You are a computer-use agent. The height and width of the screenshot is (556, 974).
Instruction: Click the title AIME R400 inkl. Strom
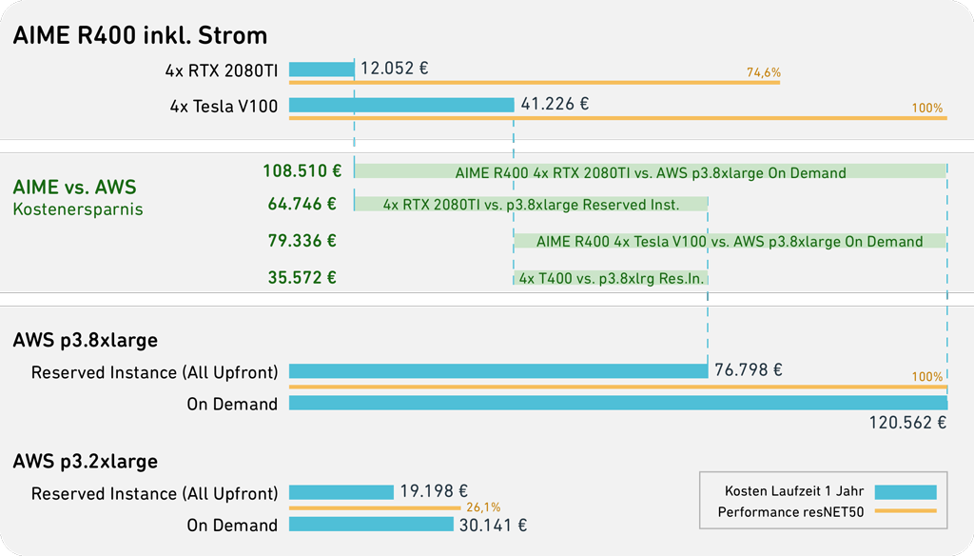coord(140,35)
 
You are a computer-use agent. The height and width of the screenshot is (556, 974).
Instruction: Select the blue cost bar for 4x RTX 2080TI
coord(321,69)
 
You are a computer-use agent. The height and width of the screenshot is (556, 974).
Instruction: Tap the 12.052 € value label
coord(395,68)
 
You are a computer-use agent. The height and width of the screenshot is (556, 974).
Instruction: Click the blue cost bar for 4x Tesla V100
coord(401,105)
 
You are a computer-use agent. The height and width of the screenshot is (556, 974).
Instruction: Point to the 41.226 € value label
coord(555,103)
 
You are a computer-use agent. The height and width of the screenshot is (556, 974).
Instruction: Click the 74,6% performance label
coord(764,72)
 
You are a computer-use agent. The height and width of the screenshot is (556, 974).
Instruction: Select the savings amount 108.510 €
coord(302,170)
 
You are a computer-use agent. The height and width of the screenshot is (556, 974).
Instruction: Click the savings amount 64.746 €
coord(302,204)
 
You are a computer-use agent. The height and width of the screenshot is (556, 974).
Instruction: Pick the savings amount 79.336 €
coord(302,241)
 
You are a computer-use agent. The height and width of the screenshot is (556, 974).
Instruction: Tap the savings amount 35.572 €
coord(302,277)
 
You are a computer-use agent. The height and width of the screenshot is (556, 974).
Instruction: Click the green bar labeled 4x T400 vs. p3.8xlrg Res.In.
coord(612,278)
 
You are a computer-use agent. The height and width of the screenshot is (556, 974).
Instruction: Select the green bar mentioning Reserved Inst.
coord(531,204)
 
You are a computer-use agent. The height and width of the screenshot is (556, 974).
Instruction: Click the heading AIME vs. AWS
coord(74,187)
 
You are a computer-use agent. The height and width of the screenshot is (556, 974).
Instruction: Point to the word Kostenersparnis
coord(78,208)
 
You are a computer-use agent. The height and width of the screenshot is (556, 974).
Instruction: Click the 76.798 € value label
coord(749,370)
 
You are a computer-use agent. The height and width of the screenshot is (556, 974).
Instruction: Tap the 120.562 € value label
coord(907,423)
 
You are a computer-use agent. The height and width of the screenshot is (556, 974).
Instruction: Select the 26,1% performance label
coord(483,507)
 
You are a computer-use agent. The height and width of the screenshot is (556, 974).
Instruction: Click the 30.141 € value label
coord(494,526)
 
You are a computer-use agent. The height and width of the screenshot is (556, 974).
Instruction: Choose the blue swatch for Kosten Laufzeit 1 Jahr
coord(906,492)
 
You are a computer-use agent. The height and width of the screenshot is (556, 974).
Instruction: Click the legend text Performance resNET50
coord(790,512)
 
